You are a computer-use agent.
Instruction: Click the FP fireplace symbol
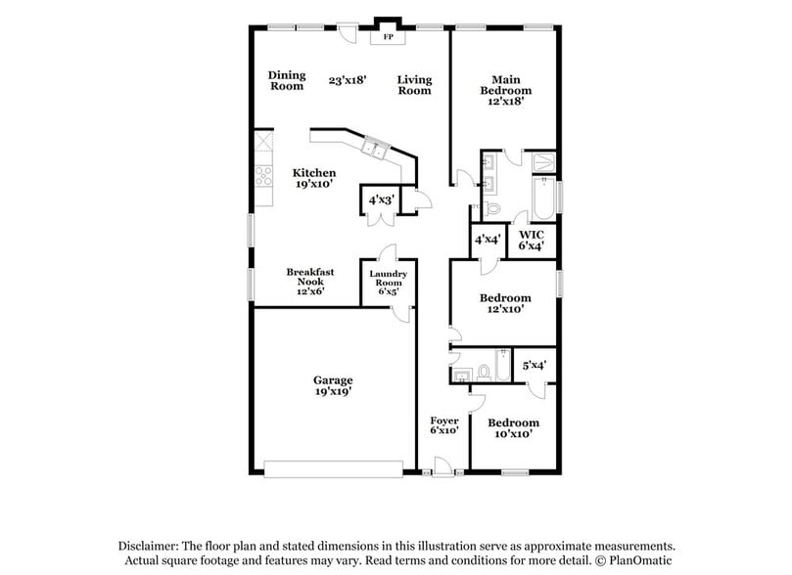tap(388, 37)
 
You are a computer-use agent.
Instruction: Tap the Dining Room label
tap(287, 81)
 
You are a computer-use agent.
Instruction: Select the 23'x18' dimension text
tap(348, 81)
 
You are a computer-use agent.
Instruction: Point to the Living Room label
tap(414, 85)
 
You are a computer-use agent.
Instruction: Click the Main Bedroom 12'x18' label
tap(505, 90)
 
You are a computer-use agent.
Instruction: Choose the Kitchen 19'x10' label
tap(314, 179)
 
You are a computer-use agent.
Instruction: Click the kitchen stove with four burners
tap(263, 176)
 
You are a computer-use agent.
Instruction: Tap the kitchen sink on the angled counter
tap(375, 150)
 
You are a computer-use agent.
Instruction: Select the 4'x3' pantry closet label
tap(380, 200)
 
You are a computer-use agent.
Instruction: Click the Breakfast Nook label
tap(304, 282)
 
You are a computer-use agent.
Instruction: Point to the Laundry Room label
tap(389, 283)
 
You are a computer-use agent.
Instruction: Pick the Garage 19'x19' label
tap(333, 385)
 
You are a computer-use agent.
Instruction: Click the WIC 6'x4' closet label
tap(532, 241)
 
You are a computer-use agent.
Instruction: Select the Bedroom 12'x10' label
tap(505, 303)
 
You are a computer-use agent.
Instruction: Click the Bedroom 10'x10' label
tap(513, 428)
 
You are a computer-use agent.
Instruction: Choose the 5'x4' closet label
tap(534, 365)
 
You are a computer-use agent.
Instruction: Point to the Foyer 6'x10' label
tap(443, 426)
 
